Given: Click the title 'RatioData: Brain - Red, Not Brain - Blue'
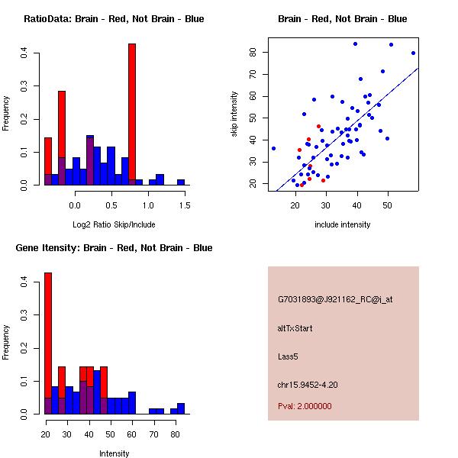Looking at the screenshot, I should click(114, 19).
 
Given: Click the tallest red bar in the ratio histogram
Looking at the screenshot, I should click(132, 114).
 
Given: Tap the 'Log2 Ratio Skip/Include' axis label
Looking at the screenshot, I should click(114, 225).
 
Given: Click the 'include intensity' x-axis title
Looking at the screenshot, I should click(343, 224).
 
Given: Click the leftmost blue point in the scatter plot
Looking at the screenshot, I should click(273, 148).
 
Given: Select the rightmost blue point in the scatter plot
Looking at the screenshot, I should click(413, 53).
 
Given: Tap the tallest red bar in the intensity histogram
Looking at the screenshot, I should click(48, 343).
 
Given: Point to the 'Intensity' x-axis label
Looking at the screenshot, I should click(114, 453).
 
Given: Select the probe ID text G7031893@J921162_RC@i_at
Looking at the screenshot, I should click(335, 300).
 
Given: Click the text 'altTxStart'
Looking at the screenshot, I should click(295, 328).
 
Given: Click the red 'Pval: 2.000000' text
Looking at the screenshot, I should click(305, 406).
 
